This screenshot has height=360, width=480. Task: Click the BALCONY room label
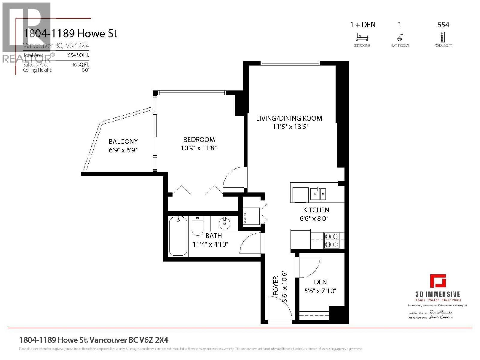click(x=123, y=141)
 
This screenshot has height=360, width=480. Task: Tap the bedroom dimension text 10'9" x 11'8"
click(x=199, y=148)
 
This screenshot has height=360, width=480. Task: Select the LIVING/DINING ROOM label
click(x=289, y=118)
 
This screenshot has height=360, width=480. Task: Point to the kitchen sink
click(x=318, y=193)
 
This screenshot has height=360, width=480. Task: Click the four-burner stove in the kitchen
click(x=332, y=241)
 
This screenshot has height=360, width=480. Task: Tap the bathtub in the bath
click(x=178, y=236)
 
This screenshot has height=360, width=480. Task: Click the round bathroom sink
click(x=224, y=223)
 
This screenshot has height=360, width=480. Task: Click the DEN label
click(x=320, y=282)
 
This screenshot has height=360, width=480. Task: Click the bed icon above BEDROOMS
click(x=362, y=37)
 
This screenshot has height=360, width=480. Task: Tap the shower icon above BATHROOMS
click(x=400, y=37)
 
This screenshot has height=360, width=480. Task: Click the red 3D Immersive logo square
click(x=438, y=281)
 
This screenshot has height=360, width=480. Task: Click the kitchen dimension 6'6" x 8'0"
click(x=314, y=219)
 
